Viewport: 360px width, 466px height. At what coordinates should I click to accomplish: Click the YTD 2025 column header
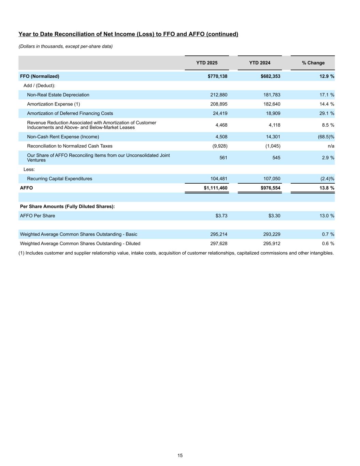point(207,63)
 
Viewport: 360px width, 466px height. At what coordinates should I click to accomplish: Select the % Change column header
point(313,63)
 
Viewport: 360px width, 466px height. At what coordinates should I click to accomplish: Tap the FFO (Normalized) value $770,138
point(217,76)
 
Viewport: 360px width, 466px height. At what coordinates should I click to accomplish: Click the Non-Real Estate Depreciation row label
point(58,95)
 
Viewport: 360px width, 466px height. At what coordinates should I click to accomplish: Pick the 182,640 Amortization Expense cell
point(272,104)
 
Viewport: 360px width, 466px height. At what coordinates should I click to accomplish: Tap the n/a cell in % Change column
point(331,146)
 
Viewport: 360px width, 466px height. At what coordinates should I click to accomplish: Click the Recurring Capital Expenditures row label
point(59,179)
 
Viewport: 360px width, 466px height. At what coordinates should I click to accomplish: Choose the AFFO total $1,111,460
point(215,188)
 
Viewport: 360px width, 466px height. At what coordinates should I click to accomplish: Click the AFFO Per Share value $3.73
point(221,216)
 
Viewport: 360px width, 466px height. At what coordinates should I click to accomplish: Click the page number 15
point(180,455)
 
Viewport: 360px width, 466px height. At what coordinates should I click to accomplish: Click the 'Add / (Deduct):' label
point(39,86)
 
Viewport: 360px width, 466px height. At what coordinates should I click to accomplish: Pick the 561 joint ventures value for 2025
point(223,158)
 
